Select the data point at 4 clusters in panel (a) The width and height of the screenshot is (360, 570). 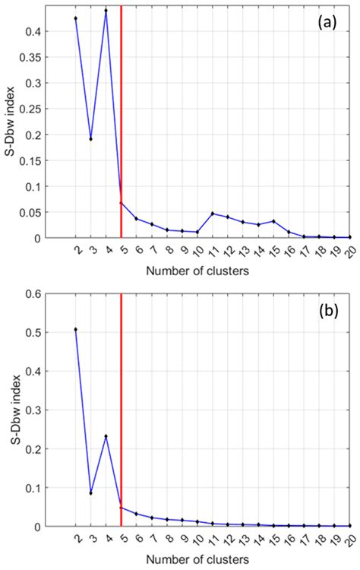[106, 11]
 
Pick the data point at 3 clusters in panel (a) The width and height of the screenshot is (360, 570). [91, 139]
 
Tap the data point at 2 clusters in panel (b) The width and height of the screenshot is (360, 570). [76, 329]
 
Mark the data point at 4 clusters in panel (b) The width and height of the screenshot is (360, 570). [106, 436]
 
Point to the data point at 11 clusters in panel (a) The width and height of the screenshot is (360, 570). [213, 214]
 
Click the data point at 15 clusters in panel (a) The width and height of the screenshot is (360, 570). [273, 221]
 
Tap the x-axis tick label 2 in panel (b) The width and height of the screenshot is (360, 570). [76, 539]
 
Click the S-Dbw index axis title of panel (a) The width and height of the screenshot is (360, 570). [10, 122]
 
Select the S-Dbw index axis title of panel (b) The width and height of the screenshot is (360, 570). [10, 410]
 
